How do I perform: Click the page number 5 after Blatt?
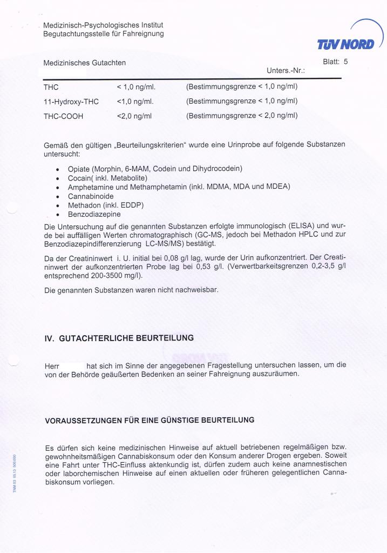[345, 62]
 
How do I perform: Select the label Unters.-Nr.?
[286, 71]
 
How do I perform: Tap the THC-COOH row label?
[63, 116]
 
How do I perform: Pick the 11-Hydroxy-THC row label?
[71, 101]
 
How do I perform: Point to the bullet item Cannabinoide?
[91, 196]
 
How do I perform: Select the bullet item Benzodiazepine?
[94, 215]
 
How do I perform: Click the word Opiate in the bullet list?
[79, 169]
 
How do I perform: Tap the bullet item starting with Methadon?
[106, 205]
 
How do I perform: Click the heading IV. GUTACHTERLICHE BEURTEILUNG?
[119, 338]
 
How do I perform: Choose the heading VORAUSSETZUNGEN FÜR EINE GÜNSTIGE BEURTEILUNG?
[150, 420]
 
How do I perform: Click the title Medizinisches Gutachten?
[85, 63]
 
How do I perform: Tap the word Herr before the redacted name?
[52, 366]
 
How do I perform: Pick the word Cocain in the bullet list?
[79, 178]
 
